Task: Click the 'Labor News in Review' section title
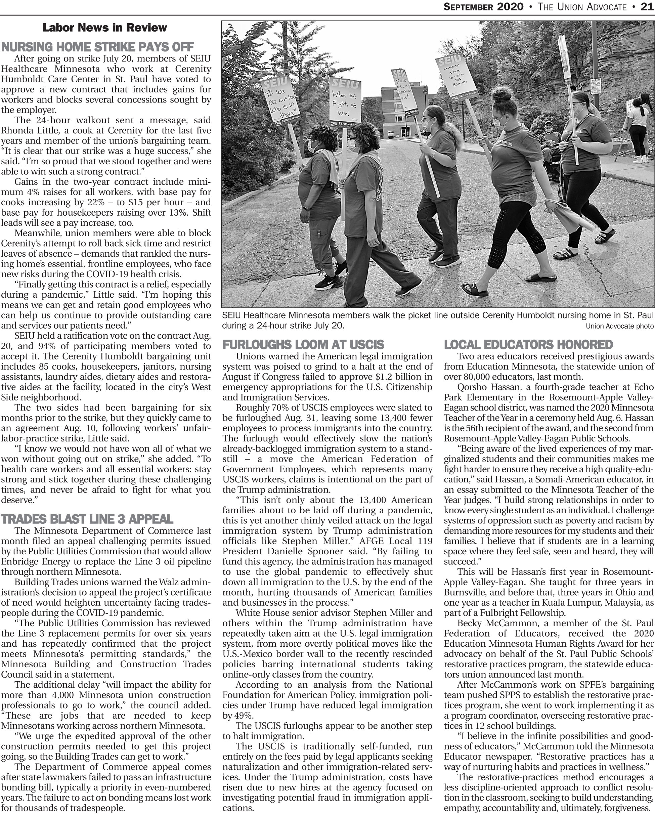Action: coord(105,28)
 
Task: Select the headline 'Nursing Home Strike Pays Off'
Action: coord(97,47)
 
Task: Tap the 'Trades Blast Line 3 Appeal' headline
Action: coord(87,519)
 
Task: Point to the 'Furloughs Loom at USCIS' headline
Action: coord(303,344)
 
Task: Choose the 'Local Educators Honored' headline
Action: coord(528,344)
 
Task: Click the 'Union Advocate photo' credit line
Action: coord(619,326)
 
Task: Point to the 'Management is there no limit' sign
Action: coord(456,77)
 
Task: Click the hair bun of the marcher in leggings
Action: coord(502,94)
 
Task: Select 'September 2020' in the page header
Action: coord(483,7)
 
